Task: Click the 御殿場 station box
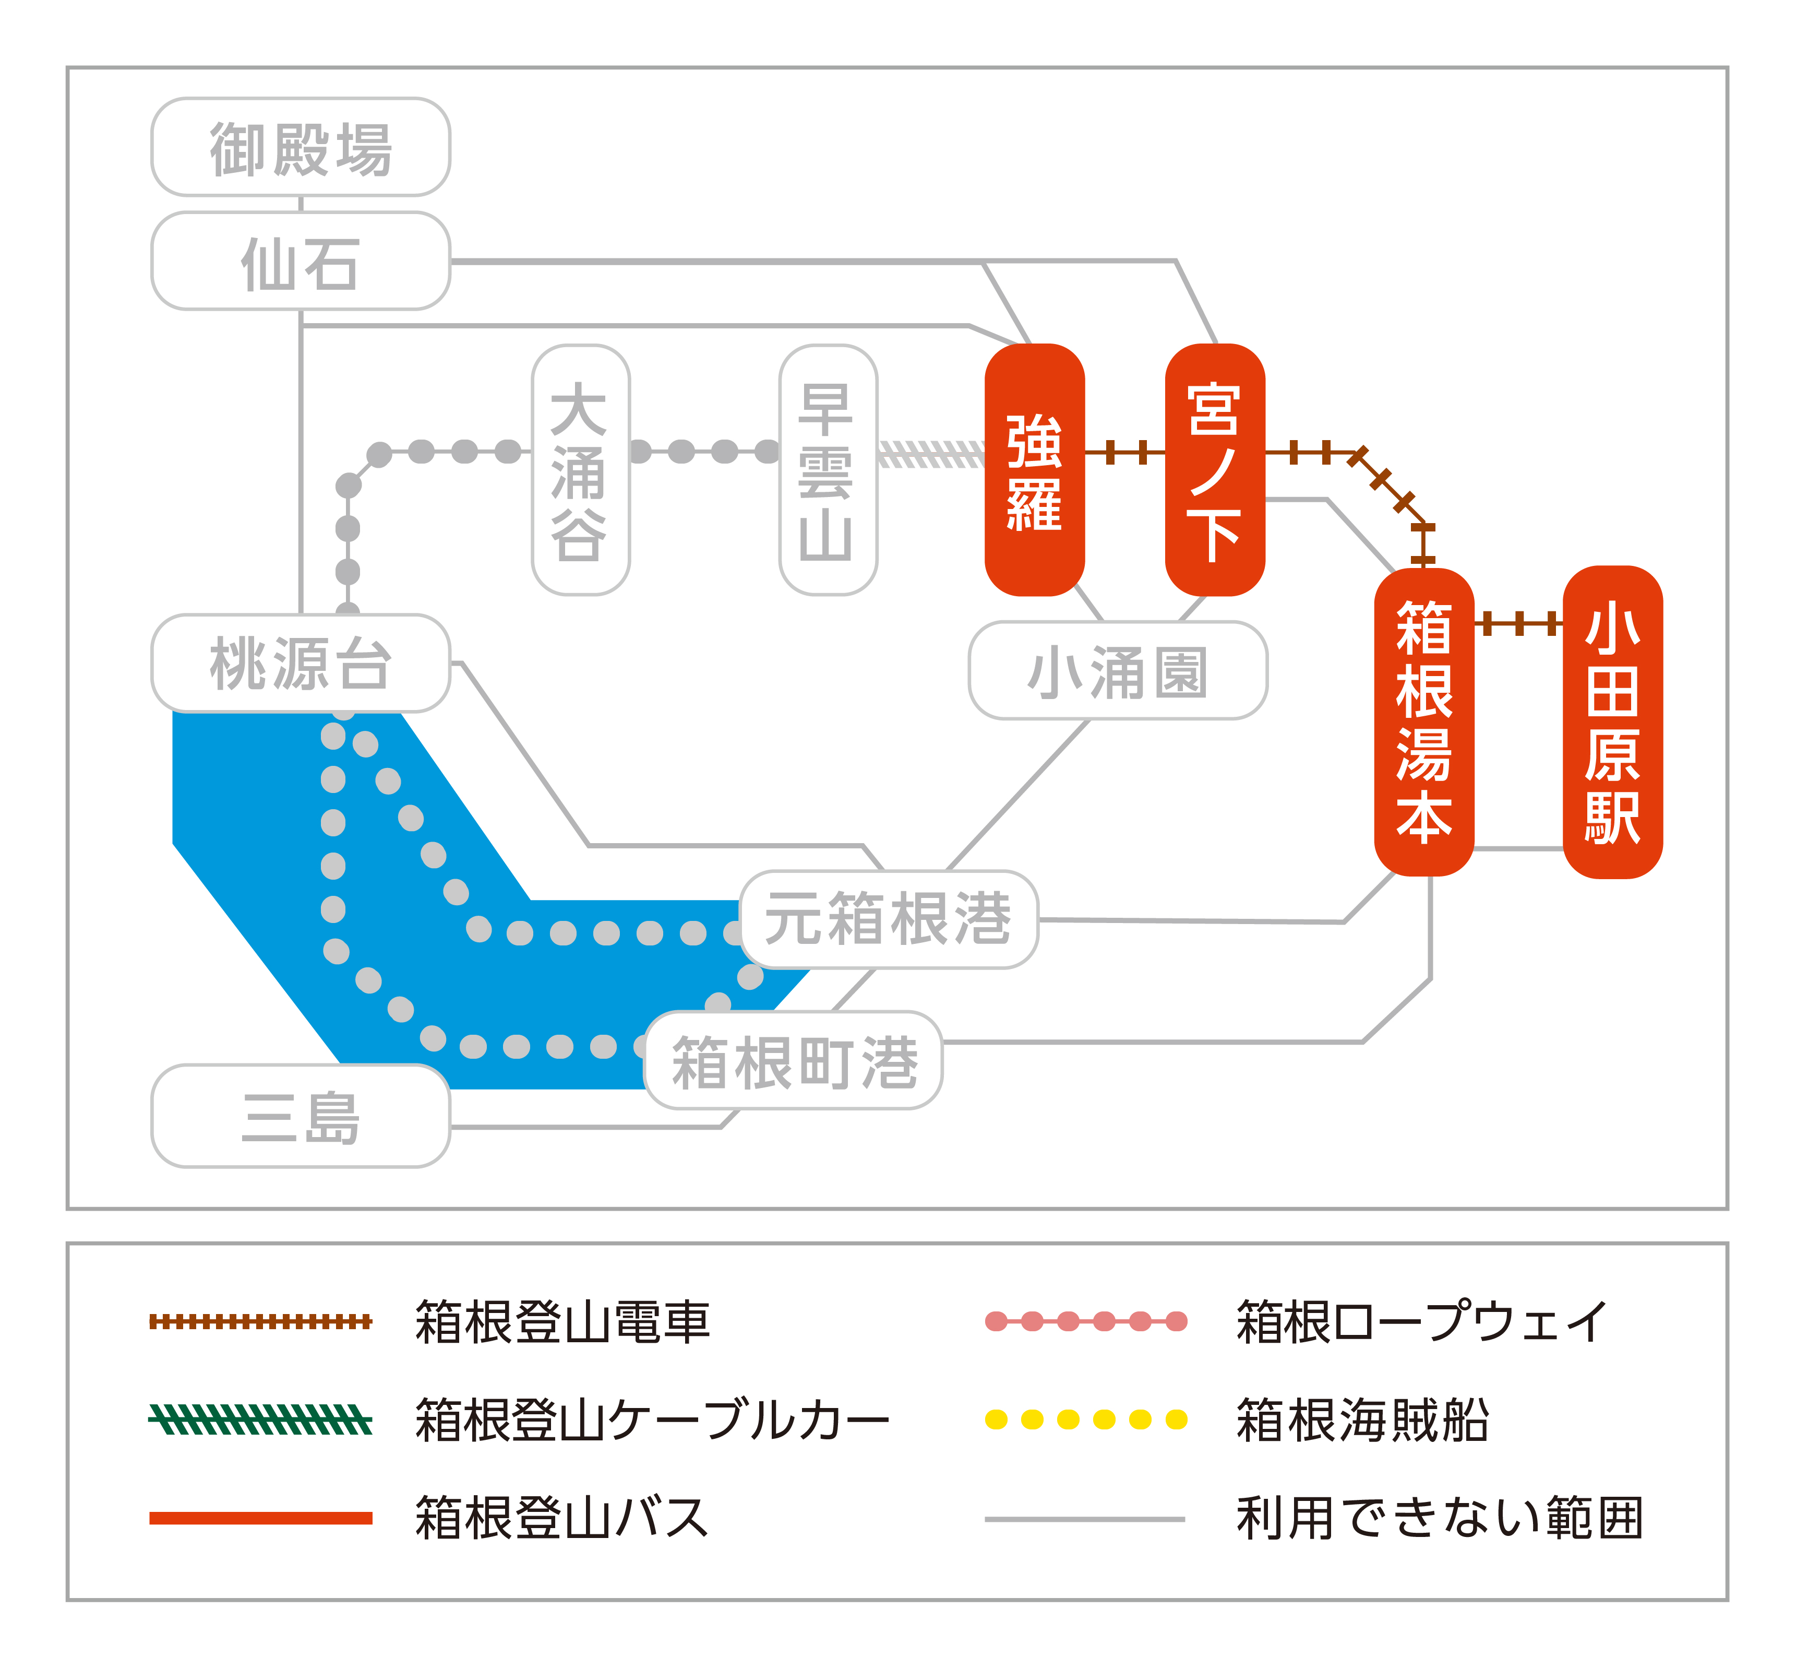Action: (301, 147)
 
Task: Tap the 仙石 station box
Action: (301, 262)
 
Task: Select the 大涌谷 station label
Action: (580, 470)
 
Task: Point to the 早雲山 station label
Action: (828, 470)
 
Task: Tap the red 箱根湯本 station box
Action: (1423, 723)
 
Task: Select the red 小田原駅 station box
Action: (1612, 723)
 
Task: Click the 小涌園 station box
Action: (1118, 671)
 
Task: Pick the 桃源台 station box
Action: (301, 664)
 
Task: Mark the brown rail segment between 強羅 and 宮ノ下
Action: (1125, 453)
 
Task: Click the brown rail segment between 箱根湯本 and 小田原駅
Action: (1518, 623)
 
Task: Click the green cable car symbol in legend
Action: (260, 1419)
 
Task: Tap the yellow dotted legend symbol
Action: (1085, 1419)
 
